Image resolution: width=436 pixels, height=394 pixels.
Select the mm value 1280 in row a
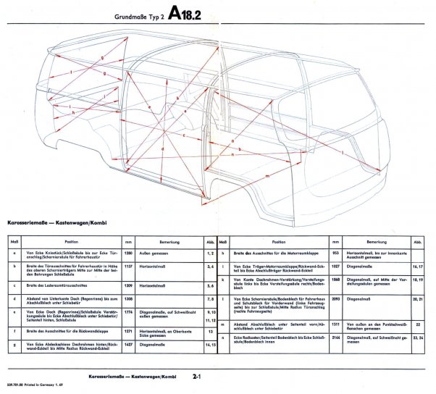pyautogui.click(x=128, y=253)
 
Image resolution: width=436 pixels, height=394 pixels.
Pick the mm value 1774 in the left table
pyautogui.click(x=128, y=313)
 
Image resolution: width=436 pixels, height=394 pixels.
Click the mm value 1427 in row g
pyautogui.click(x=128, y=345)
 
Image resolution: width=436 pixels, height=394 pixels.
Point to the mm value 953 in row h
pyautogui.click(x=335, y=253)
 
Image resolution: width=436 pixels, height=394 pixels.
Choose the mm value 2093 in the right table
pyautogui.click(x=335, y=298)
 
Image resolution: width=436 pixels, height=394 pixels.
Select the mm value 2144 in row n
pyautogui.click(x=335, y=338)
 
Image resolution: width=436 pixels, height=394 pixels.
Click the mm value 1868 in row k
pyautogui.click(x=335, y=279)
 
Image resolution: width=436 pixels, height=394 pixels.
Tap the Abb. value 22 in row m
pyautogui.click(x=418, y=324)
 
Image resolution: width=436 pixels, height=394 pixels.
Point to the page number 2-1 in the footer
pyautogui.click(x=198, y=377)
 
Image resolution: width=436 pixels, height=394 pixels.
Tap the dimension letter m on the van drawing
pyautogui.click(x=269, y=176)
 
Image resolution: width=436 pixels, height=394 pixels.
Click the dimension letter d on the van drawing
pyautogui.click(x=164, y=149)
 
